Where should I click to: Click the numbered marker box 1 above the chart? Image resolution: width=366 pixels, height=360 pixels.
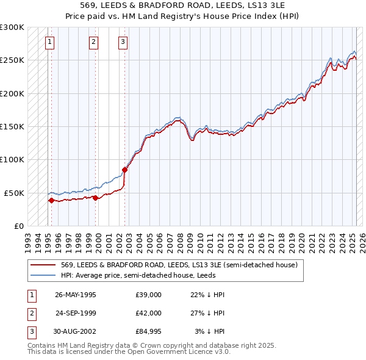click(49, 42)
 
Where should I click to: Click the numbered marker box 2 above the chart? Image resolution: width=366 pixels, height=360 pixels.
click(93, 42)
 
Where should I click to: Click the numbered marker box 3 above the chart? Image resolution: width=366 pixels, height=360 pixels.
click(123, 42)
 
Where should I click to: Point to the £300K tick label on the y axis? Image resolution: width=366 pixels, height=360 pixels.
click(12, 27)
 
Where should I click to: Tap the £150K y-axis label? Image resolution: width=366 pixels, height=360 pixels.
click(12, 126)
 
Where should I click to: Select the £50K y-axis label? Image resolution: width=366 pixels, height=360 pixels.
click(14, 193)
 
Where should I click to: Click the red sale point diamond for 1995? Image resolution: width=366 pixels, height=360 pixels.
click(51, 200)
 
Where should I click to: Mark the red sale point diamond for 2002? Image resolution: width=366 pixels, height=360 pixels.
click(124, 170)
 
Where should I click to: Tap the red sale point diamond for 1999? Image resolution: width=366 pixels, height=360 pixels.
click(96, 198)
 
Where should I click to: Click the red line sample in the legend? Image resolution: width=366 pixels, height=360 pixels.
click(43, 265)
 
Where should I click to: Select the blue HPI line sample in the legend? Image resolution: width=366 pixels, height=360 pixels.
click(43, 275)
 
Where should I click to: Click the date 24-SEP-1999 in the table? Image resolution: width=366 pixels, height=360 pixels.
click(76, 313)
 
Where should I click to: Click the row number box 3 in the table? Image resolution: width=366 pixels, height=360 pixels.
click(31, 331)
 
